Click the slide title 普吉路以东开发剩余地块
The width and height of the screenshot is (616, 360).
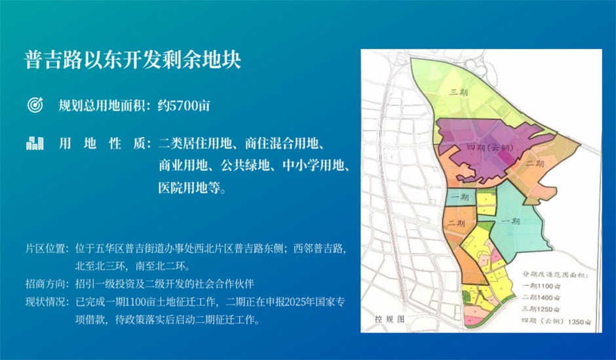click(x=134, y=59)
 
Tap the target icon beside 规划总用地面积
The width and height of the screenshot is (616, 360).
click(x=34, y=105)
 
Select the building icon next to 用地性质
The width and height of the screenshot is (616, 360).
click(x=34, y=143)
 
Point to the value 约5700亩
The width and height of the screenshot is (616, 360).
click(x=183, y=105)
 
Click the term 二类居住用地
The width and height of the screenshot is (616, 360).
click(x=192, y=143)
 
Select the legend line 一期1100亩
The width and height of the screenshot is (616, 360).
click(x=542, y=286)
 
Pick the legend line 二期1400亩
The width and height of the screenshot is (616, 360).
click(x=542, y=298)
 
